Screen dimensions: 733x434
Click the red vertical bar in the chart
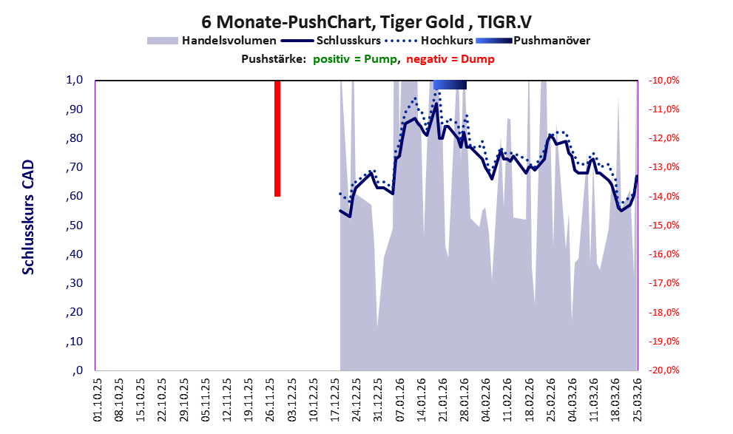[x=277, y=138]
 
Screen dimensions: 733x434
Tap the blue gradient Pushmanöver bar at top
[x=450, y=84]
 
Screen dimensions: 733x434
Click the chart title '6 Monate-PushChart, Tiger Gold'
[x=332, y=21]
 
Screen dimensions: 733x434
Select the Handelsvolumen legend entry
[x=212, y=41]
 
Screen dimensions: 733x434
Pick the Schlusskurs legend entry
[x=331, y=41]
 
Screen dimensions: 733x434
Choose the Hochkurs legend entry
[x=429, y=41]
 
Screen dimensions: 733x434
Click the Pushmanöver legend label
[x=552, y=41]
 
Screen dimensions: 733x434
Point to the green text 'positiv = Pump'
[x=355, y=59]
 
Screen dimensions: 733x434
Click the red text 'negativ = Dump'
[x=450, y=59]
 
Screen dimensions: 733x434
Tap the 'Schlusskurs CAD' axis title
[x=29, y=217]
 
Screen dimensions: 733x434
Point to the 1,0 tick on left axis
[x=74, y=80]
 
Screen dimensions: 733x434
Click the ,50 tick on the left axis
[x=74, y=226]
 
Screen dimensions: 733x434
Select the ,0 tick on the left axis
[x=78, y=370]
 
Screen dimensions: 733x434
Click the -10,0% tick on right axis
[x=663, y=81]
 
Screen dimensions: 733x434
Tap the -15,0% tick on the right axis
[x=663, y=226]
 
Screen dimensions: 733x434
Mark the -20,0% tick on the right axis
[x=663, y=370]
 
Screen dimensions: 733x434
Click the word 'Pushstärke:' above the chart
[x=274, y=59]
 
